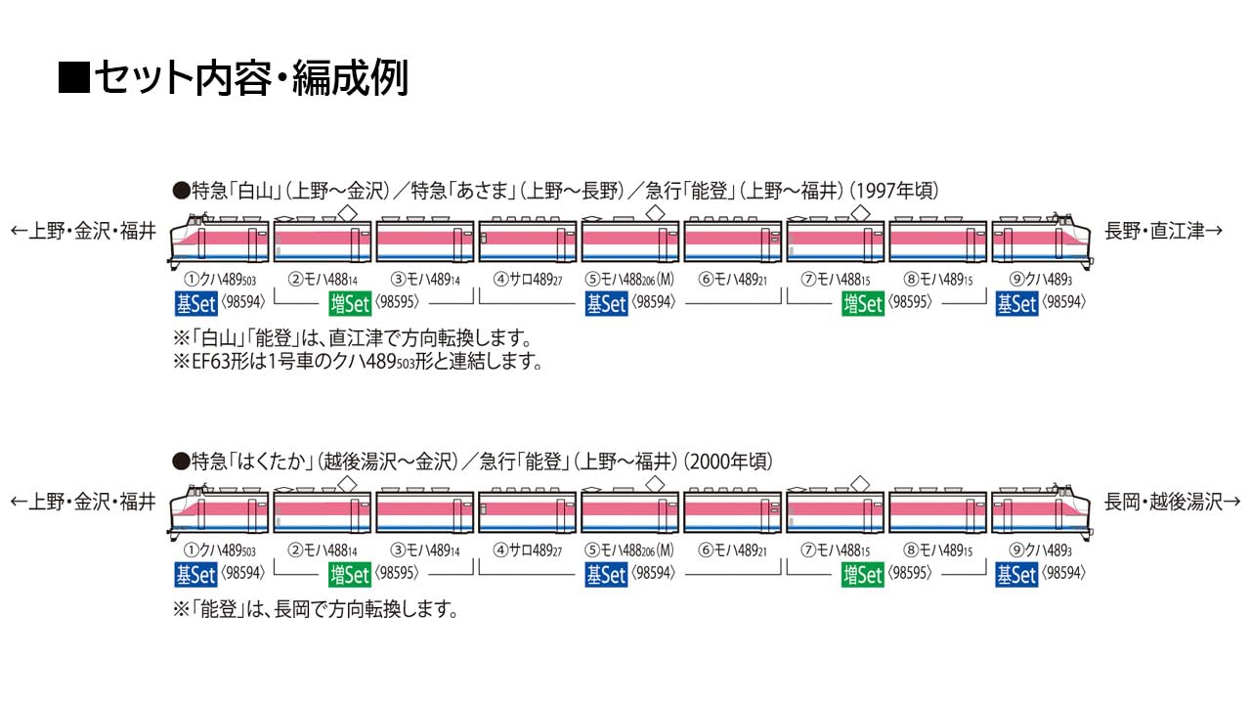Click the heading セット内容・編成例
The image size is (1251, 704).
pos(249,78)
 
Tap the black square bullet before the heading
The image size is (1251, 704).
pos(73,78)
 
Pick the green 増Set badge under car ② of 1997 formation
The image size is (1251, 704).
pos(350,304)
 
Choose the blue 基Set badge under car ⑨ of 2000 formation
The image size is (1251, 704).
pos(1015,575)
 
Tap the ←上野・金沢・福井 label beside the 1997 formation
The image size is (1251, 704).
pos(83,232)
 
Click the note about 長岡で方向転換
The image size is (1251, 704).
pos(315,610)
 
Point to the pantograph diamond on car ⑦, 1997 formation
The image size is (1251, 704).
pos(859,213)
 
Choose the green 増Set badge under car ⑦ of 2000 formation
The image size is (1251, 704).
pos(863,575)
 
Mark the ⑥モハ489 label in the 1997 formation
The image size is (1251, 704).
pos(732,279)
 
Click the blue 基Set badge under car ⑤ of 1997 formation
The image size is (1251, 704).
pos(606,304)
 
